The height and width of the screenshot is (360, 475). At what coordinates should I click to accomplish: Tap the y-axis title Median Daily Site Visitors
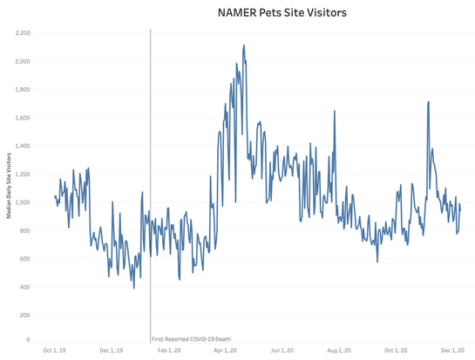pyautogui.click(x=8, y=186)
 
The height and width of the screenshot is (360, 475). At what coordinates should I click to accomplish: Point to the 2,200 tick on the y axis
pyautogui.click(x=22, y=33)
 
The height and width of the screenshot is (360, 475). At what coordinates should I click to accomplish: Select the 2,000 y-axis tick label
pyautogui.click(x=22, y=61)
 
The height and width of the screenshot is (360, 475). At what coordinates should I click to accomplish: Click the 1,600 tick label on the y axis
pyautogui.click(x=22, y=118)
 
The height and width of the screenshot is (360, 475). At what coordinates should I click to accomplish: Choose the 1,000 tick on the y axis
pyautogui.click(x=22, y=202)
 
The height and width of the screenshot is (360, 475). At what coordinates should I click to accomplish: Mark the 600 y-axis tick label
pyautogui.click(x=24, y=259)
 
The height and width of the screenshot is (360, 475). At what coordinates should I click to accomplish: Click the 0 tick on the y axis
pyautogui.click(x=27, y=339)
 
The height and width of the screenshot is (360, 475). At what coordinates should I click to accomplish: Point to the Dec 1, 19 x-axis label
pyautogui.click(x=110, y=350)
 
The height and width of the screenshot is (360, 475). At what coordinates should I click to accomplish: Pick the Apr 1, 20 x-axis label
pyautogui.click(x=225, y=350)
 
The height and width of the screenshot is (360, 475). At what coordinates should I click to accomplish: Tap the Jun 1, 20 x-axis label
pyautogui.click(x=282, y=350)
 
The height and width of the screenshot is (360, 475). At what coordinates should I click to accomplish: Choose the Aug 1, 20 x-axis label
pyautogui.click(x=338, y=350)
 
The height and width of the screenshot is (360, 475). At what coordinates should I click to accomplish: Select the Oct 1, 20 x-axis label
pyautogui.click(x=395, y=350)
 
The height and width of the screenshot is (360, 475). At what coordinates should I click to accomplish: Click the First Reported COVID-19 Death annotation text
pyautogui.click(x=190, y=338)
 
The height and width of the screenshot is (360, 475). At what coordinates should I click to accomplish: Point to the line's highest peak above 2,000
pyautogui.click(x=244, y=45)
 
